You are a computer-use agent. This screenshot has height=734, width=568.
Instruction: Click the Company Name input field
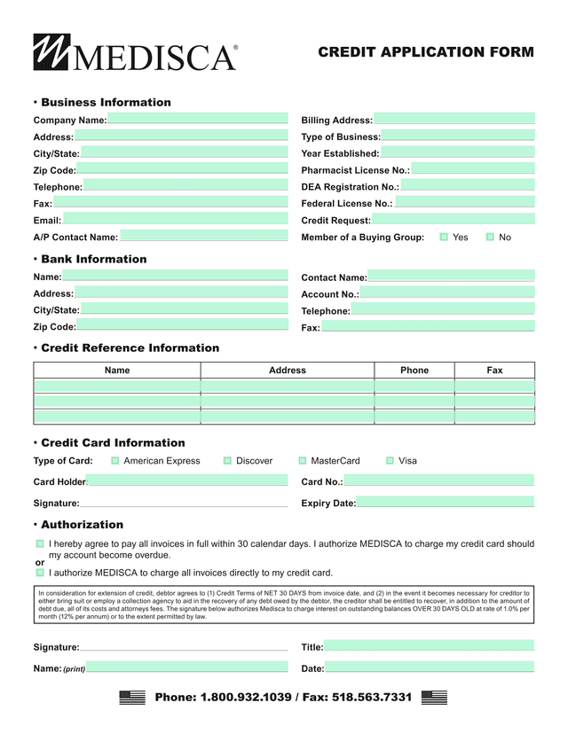[198, 120]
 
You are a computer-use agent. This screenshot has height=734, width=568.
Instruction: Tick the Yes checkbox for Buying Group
[444, 238]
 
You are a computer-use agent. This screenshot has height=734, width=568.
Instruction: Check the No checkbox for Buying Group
[490, 238]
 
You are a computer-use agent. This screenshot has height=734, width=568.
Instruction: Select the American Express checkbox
[115, 461]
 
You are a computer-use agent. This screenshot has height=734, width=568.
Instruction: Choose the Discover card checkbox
[228, 461]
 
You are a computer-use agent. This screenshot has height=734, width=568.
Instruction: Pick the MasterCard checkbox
[303, 461]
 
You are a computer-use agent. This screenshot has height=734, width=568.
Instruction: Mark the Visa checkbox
[390, 461]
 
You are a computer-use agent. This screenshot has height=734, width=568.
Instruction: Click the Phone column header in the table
[414, 371]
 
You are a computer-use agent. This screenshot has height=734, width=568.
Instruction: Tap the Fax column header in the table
[494, 371]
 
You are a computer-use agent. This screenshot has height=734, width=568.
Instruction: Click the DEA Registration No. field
[467, 186]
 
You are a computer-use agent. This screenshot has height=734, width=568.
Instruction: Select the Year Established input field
[457, 153]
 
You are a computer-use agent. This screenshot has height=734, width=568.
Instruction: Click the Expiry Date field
[445, 503]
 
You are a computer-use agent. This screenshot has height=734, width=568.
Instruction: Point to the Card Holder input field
[187, 481]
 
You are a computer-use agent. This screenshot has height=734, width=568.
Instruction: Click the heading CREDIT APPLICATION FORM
[426, 52]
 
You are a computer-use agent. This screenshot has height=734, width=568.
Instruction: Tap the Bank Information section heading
[93, 259]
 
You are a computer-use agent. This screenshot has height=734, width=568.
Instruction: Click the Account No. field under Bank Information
[447, 293]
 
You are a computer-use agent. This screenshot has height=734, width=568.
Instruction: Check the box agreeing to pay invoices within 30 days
[40, 543]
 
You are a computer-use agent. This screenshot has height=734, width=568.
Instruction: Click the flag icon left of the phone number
[132, 698]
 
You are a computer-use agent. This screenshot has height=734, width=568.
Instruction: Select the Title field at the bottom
[429, 647]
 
